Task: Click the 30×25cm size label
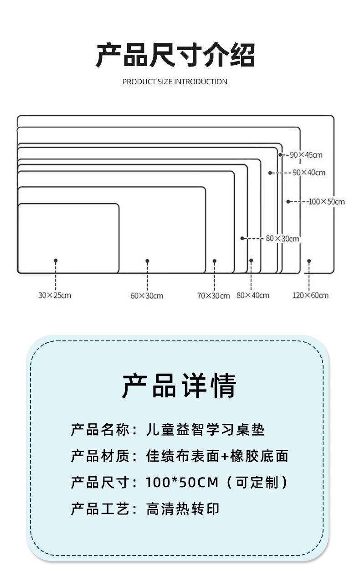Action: point(55,295)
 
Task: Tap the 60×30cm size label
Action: point(147,296)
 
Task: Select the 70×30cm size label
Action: point(213,296)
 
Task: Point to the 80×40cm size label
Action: point(253,295)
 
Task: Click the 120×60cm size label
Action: point(310,295)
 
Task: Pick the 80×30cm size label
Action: point(282,238)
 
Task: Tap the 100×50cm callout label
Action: point(327,201)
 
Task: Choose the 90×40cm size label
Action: point(309,173)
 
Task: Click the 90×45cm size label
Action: point(306,155)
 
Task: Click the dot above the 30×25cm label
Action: point(56,260)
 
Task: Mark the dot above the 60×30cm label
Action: point(147,261)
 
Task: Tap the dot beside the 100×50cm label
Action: point(288,201)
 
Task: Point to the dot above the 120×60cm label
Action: point(309,261)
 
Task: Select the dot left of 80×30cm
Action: point(242,238)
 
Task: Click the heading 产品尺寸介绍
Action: point(175,55)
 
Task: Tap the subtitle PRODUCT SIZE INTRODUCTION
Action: point(175,82)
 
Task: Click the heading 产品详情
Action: point(179,386)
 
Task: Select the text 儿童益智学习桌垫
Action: point(206,430)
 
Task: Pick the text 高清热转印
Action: point(183,509)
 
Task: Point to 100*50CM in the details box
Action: point(182,482)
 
